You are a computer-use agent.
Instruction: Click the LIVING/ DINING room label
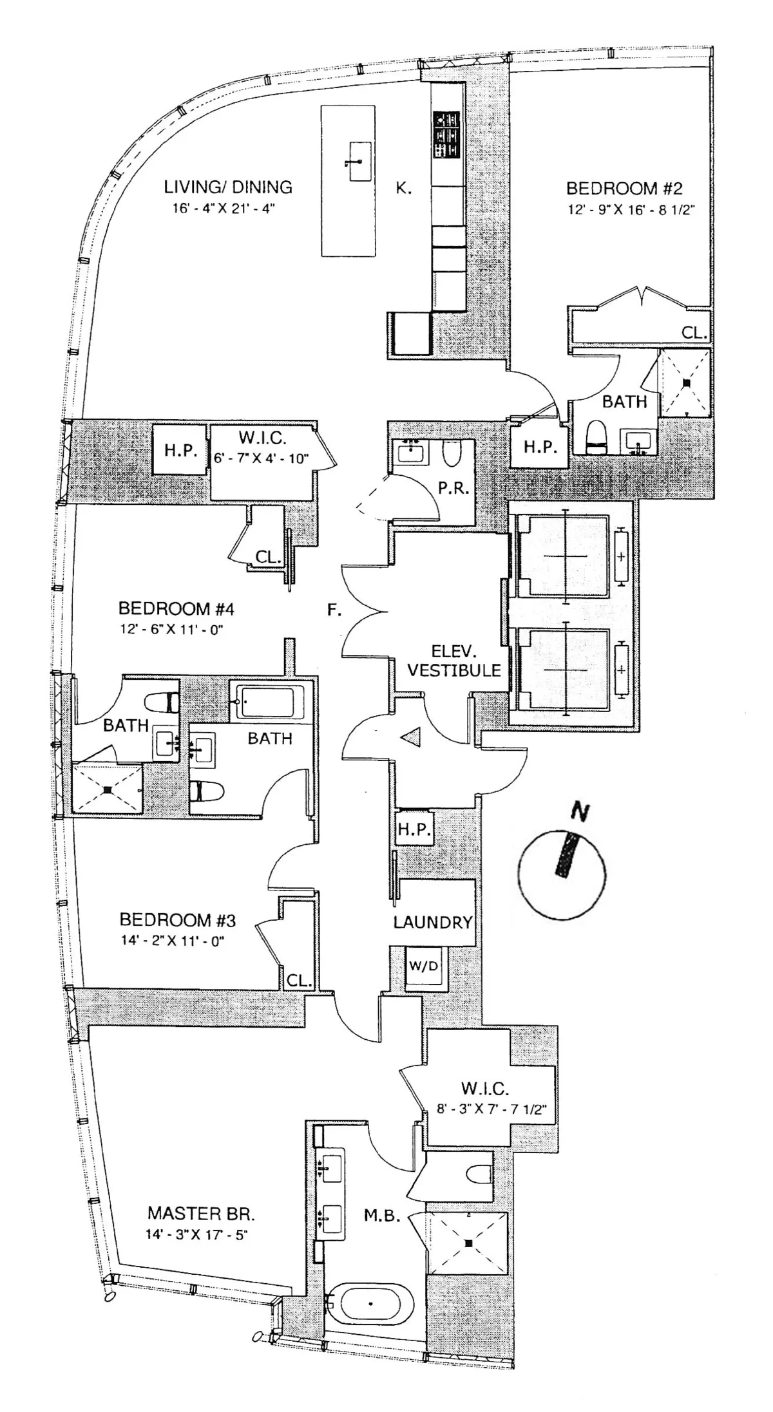[228, 187]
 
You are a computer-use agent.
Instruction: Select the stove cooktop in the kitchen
[446, 135]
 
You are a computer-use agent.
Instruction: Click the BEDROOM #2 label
[624, 189]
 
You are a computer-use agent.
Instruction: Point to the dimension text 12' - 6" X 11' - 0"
[171, 630]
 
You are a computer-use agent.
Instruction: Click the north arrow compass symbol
[562, 873]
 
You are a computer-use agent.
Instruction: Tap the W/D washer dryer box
[423, 966]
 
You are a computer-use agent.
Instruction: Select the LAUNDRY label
[432, 923]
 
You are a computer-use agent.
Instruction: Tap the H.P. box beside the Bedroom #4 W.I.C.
[180, 450]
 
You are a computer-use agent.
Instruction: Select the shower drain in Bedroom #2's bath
[687, 382]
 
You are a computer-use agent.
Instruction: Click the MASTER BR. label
[201, 1214]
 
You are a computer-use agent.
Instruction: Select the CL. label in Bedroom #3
[299, 981]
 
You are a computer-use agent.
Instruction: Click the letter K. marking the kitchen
[403, 189]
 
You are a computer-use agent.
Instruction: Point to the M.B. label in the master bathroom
[383, 1216]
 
